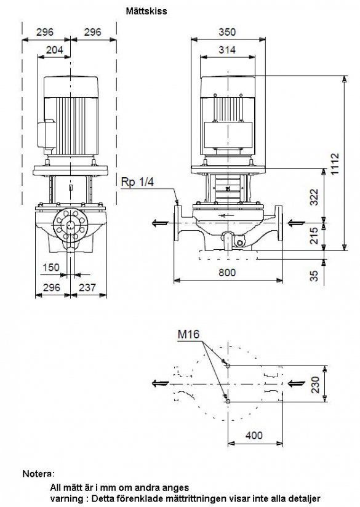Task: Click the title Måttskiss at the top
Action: click(x=146, y=11)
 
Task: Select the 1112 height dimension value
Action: click(x=335, y=164)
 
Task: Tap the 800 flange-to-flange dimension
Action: click(x=227, y=273)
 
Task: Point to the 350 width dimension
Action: click(x=227, y=32)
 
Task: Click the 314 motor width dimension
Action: click(x=227, y=50)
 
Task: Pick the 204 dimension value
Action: click(x=54, y=50)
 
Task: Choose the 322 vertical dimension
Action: click(x=314, y=197)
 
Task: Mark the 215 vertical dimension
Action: click(x=314, y=236)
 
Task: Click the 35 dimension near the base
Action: click(x=314, y=276)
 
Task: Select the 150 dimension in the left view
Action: click(x=52, y=268)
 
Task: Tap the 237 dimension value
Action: click(x=87, y=287)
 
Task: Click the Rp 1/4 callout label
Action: click(x=137, y=182)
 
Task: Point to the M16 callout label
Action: click(x=188, y=334)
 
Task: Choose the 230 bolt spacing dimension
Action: click(x=314, y=384)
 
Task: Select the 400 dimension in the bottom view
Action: click(x=254, y=435)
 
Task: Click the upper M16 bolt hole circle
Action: click(x=228, y=366)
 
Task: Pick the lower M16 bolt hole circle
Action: click(x=228, y=402)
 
